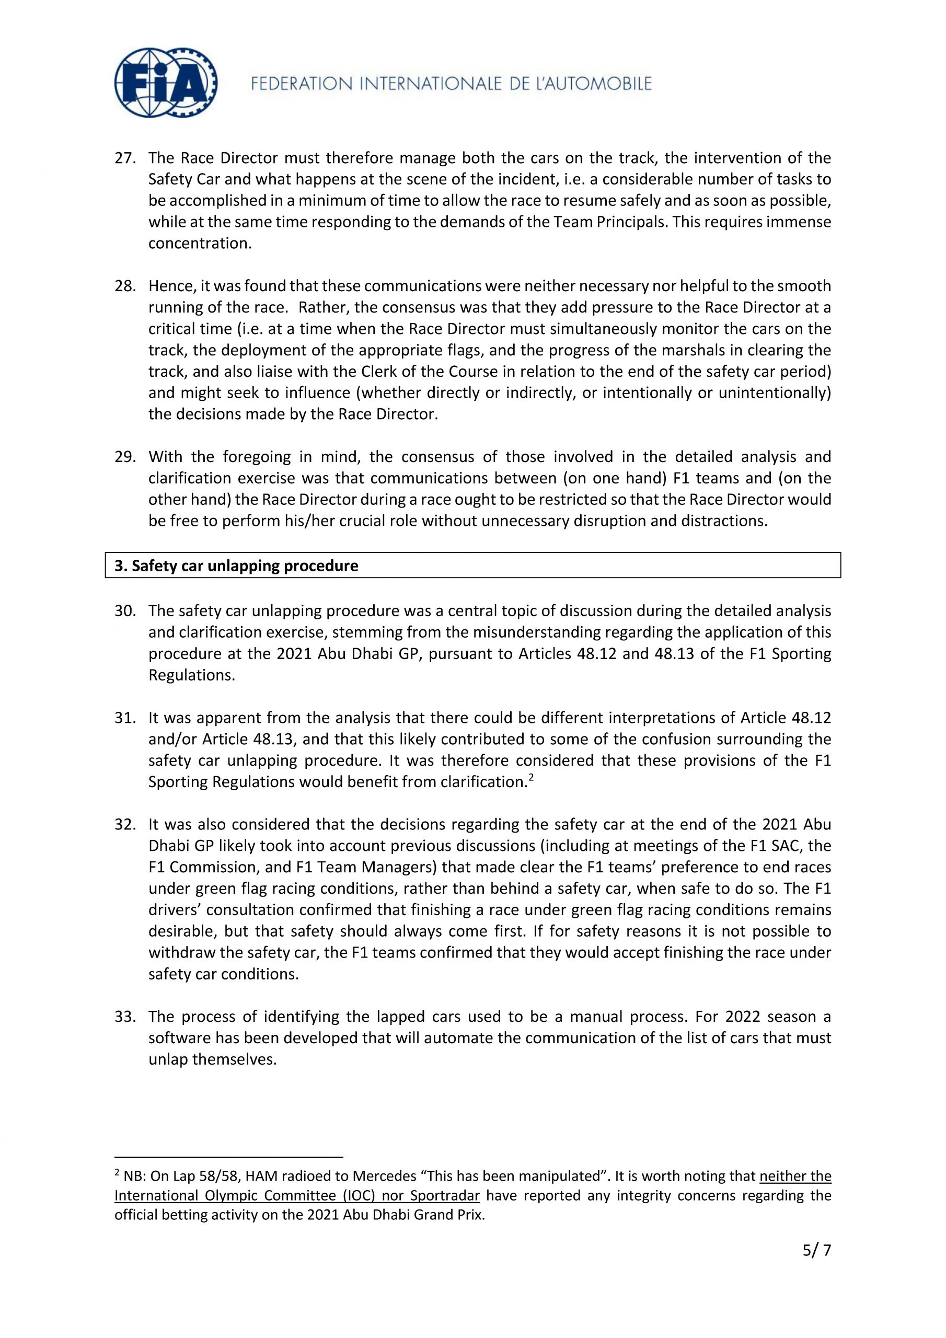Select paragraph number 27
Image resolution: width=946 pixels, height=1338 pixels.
point(125,158)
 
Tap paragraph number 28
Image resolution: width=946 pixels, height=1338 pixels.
point(125,286)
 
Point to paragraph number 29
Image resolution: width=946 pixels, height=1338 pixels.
point(125,457)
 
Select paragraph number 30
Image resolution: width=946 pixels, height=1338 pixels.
point(125,611)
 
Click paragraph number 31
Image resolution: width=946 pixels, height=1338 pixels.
point(125,718)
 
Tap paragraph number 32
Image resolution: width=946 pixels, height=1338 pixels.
point(125,825)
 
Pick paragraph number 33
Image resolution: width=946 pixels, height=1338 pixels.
point(125,1017)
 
